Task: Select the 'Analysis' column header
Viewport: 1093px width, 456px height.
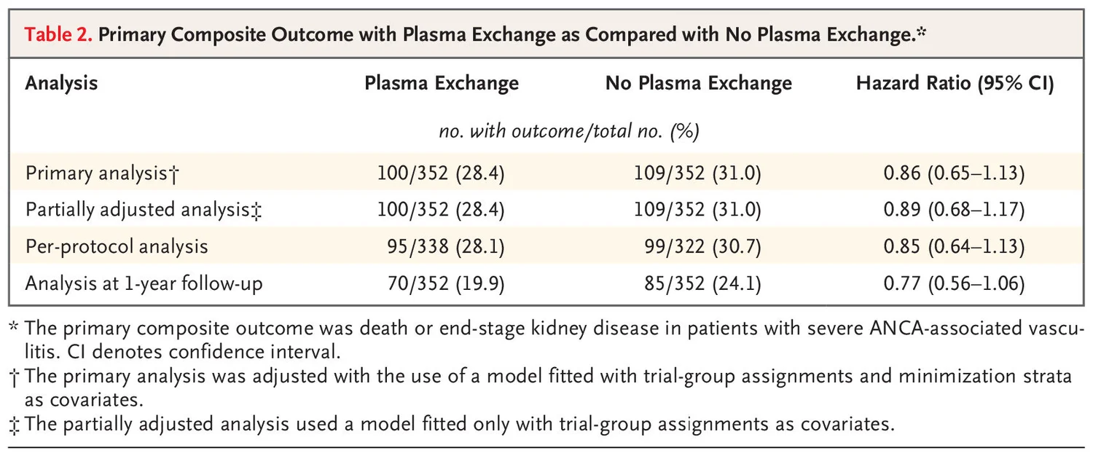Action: (x=61, y=83)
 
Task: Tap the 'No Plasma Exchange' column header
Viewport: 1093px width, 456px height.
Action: (x=698, y=83)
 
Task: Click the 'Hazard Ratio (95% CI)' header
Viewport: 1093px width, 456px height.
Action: (x=955, y=83)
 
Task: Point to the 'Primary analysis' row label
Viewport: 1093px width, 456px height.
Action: (x=103, y=173)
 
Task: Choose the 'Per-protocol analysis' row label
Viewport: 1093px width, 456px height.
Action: (x=117, y=246)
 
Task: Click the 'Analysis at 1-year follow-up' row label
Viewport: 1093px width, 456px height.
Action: (x=144, y=283)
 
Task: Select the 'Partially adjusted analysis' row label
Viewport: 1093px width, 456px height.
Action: (x=144, y=210)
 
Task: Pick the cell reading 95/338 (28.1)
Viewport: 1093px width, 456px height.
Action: (x=445, y=246)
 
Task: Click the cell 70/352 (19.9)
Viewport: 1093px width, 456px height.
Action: (x=445, y=283)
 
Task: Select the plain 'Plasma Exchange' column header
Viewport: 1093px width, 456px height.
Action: (x=442, y=83)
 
